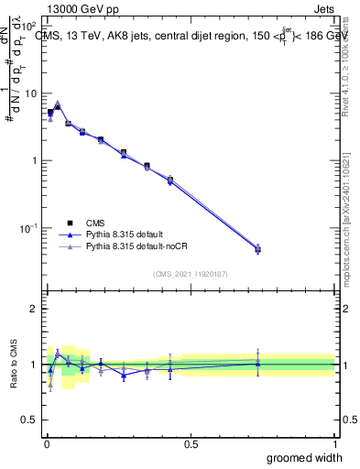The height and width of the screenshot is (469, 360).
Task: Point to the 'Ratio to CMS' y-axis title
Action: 13,365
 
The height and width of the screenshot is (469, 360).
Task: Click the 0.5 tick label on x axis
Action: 191,443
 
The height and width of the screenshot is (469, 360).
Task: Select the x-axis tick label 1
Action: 334,443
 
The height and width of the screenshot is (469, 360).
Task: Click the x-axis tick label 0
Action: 46,443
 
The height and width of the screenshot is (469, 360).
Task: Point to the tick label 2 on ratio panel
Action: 35,309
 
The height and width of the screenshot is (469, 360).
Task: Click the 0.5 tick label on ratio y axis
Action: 31,420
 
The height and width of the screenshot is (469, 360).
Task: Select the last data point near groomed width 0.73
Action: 257,248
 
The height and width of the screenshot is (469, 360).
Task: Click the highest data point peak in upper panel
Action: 57,104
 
